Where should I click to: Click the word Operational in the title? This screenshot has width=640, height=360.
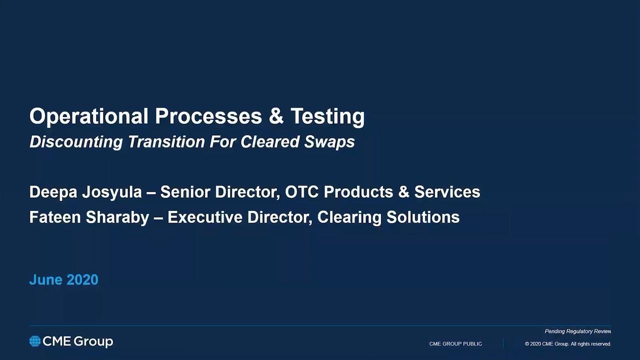pos(89,116)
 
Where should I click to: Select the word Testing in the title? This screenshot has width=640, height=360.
pos(327,116)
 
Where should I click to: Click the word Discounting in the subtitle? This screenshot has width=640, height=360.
pos(76,142)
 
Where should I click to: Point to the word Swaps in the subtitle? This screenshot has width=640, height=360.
pos(329,142)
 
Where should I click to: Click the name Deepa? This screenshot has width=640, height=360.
pos(53,192)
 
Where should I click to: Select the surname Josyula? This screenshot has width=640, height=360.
pos(112,192)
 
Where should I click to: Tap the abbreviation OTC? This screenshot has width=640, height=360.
pos(301,191)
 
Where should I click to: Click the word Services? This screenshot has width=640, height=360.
pos(447,191)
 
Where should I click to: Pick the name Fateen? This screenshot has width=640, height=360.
pos(55,217)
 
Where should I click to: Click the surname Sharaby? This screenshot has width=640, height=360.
pos(117,217)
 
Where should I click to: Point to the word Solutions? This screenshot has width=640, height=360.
pos(423,217)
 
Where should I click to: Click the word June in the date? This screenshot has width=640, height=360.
pos(45,279)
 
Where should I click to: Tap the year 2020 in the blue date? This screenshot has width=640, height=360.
pos(83,279)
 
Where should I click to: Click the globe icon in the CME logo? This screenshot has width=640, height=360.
pos(35,341)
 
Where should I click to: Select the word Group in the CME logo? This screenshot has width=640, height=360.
pos(93,342)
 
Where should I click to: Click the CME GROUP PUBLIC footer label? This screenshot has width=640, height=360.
pos(455,344)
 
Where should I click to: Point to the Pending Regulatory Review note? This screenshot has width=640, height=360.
pos(577,331)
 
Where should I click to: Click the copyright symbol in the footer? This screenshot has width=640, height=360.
pos(527,344)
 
